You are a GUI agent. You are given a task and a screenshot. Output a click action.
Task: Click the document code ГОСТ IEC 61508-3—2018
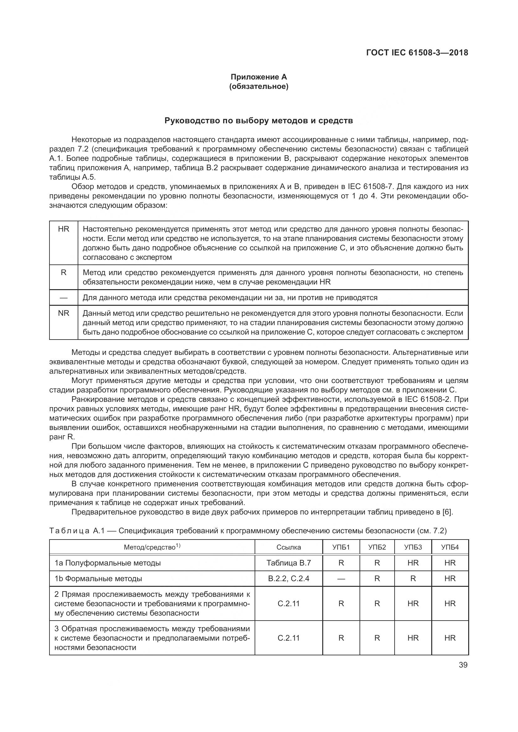point(417,53)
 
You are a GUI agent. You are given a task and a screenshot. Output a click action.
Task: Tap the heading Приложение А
point(259,77)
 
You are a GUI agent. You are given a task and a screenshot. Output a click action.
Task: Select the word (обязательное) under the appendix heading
point(259,86)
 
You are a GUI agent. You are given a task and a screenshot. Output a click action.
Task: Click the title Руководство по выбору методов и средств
point(259,120)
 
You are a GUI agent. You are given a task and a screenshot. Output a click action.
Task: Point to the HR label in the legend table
point(64,229)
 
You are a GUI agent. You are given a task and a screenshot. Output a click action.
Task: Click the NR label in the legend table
point(64,313)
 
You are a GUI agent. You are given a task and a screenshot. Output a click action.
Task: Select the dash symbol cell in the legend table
point(64,297)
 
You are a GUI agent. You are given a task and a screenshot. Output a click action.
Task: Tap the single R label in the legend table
point(64,273)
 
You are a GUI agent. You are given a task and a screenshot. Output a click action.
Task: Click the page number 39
point(463,665)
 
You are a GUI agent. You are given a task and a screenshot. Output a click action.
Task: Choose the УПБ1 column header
point(341,547)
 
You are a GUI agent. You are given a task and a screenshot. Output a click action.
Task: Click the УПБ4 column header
point(450,547)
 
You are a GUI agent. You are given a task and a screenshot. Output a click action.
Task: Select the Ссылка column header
point(289,547)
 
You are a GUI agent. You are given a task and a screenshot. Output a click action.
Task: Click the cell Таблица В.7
point(289,563)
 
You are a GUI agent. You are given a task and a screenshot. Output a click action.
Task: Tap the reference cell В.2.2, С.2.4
point(289,578)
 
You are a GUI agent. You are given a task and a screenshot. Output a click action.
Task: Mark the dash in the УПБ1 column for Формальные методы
point(341,578)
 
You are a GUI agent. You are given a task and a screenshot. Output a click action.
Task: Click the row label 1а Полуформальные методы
point(107,563)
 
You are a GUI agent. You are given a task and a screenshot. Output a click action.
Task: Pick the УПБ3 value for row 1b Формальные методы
point(413,578)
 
